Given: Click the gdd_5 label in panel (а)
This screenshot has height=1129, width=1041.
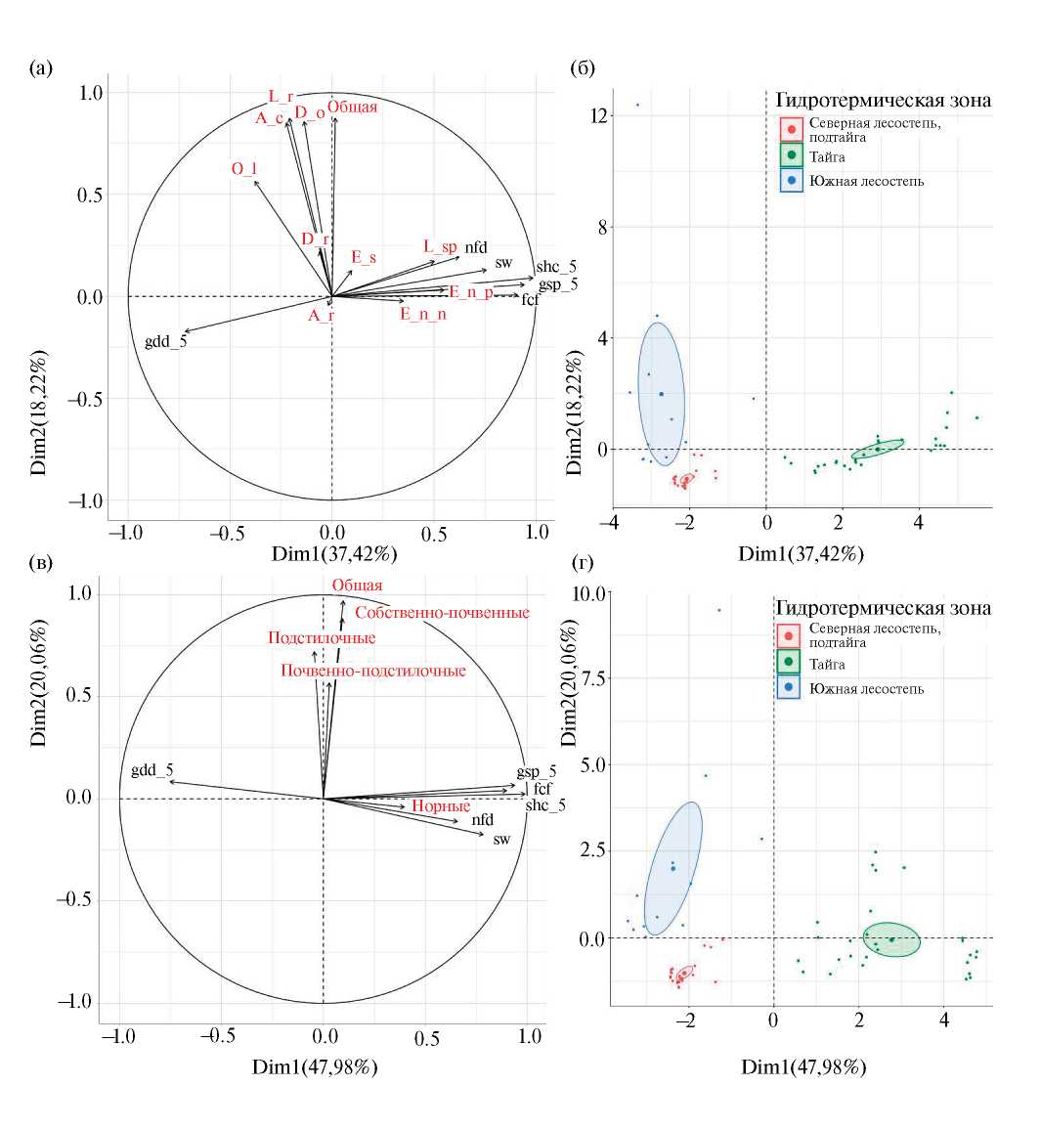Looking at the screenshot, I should point(165,341).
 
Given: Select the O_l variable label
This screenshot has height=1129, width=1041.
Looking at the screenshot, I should point(243,169).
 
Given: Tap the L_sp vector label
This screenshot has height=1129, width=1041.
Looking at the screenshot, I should point(440,246).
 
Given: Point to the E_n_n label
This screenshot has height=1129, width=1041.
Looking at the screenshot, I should point(423,314).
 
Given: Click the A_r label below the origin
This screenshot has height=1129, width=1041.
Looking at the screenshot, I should point(322,315).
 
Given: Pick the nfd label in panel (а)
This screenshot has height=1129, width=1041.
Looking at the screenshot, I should point(476,247).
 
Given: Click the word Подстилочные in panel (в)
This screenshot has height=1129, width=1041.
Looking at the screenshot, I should point(322,638).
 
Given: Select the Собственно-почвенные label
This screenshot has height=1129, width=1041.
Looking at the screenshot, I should point(442,613).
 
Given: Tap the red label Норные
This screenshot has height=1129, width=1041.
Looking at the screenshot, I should point(441,806).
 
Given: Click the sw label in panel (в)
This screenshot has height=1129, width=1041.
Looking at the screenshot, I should point(501,839).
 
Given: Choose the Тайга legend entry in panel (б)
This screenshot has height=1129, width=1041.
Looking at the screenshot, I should point(827,156).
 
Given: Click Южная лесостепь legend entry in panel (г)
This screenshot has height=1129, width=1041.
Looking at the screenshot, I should point(866,688).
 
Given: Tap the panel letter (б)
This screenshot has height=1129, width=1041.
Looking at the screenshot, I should point(583,68).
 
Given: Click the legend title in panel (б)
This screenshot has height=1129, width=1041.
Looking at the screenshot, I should point(883,100).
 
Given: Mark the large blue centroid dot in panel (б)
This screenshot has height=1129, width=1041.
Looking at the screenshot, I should point(661,394).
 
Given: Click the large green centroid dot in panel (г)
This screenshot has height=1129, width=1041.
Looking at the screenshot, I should point(891,939).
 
